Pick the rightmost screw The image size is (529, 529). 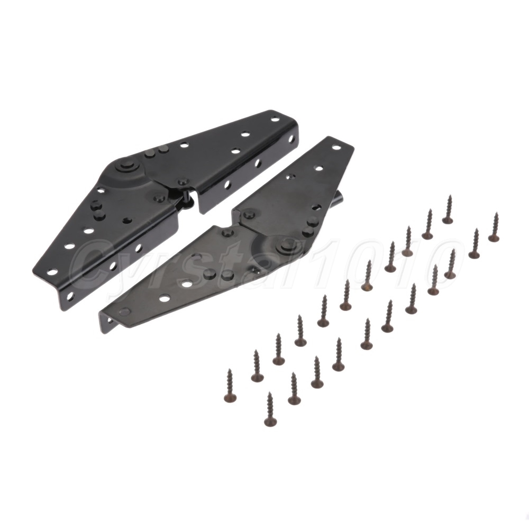click(x=494, y=227)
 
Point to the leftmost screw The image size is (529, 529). click(x=231, y=386)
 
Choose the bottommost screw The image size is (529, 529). click(x=270, y=409)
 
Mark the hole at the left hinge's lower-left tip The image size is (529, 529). click(x=52, y=271)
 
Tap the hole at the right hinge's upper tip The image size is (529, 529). click(x=336, y=147)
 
